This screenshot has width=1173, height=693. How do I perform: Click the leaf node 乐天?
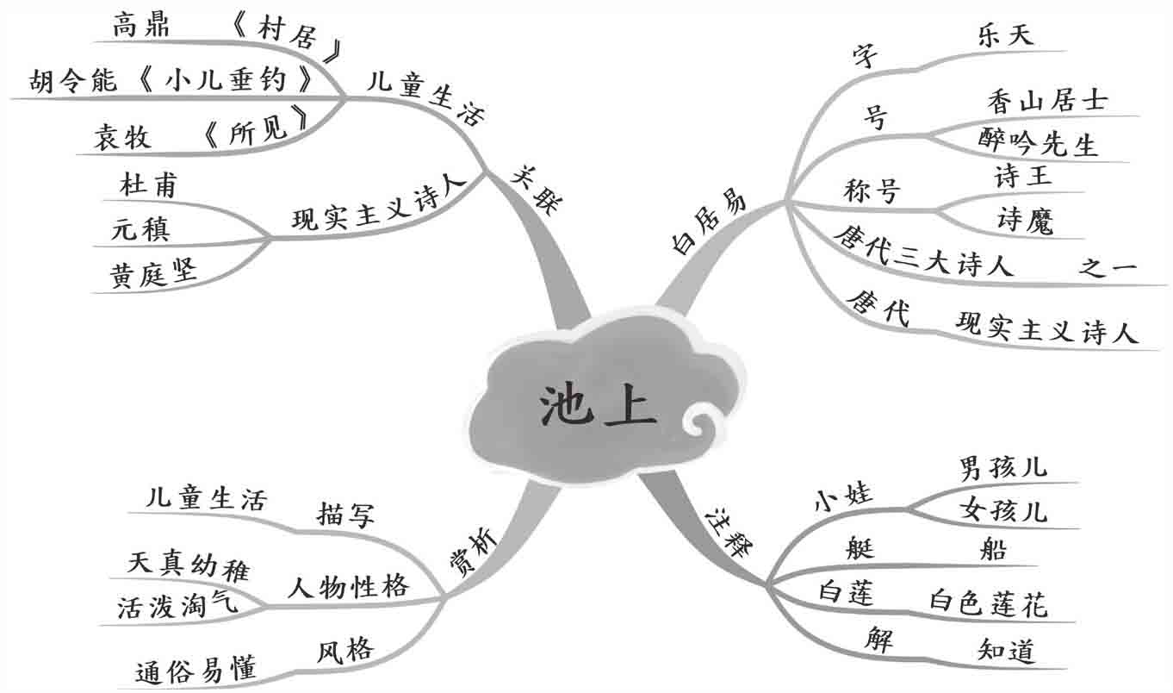tap(1006, 35)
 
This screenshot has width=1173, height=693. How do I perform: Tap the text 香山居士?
tap(1047, 102)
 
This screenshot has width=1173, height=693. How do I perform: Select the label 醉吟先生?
tap(1039, 141)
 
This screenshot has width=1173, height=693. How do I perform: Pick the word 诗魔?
tap(1024, 222)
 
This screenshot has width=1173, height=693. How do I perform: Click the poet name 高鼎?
tap(141, 27)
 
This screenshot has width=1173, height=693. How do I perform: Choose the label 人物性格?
tap(347, 588)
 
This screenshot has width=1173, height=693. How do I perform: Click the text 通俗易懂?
tap(196, 670)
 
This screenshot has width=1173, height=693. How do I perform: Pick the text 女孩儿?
tap(1003, 511)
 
